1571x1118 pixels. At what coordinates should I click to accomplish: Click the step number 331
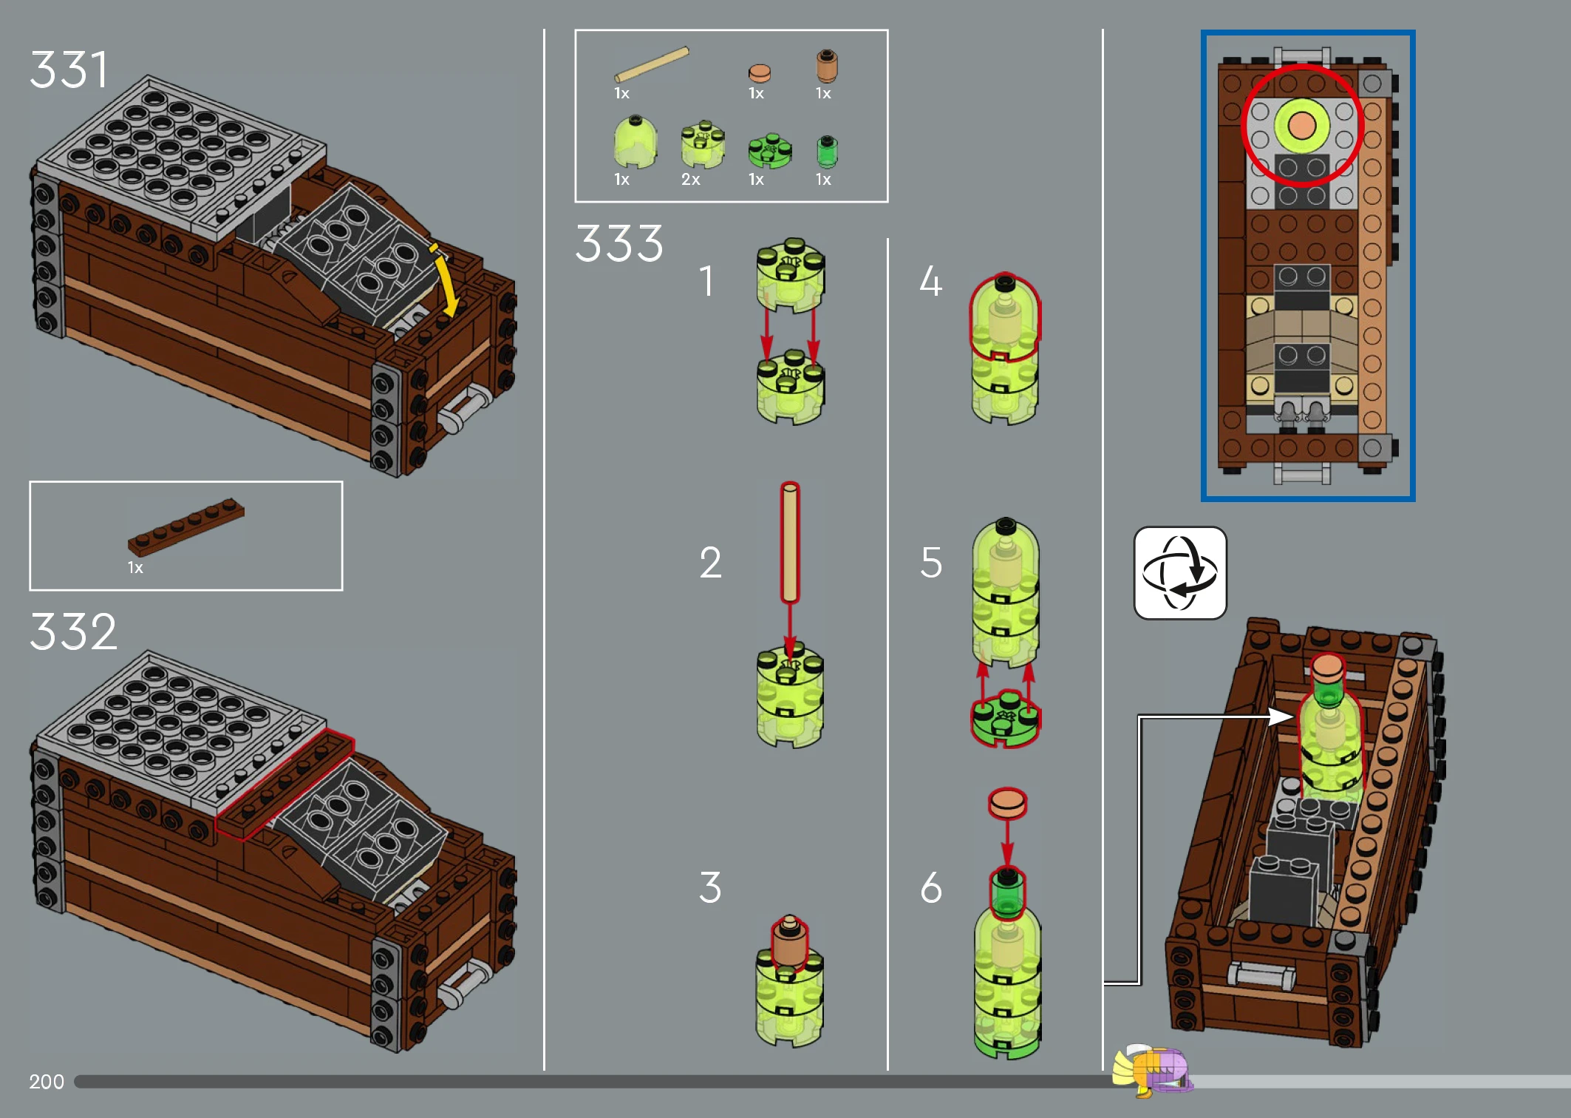click(69, 70)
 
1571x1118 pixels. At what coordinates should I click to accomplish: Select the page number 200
click(47, 1082)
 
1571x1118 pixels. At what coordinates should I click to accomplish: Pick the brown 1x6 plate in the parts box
click(185, 526)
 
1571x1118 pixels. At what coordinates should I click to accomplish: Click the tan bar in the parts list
click(652, 64)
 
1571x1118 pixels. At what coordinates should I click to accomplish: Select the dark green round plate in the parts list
click(770, 151)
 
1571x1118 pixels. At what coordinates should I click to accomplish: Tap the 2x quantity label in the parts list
click(691, 180)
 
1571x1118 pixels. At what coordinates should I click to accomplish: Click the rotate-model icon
click(1180, 573)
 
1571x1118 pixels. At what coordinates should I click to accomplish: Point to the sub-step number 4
click(930, 281)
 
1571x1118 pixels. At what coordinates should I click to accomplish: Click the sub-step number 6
click(931, 887)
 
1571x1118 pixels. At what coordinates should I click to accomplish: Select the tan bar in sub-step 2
click(790, 543)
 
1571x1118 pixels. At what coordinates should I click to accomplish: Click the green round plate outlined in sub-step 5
click(1006, 718)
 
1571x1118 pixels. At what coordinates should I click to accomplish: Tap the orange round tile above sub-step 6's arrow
click(1008, 803)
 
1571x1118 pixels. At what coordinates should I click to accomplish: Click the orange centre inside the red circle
click(1302, 126)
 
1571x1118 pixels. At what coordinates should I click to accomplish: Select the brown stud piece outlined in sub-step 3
click(789, 941)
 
